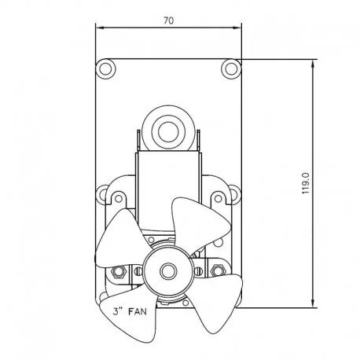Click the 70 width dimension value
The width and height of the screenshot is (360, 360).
(168, 20)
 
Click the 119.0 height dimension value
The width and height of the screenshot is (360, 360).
(306, 183)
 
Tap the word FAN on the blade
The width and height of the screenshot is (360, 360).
(138, 311)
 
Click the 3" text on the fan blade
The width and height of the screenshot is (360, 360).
(118, 311)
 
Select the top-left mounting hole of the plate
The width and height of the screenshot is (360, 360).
(106, 68)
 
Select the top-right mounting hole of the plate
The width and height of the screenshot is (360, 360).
(231, 68)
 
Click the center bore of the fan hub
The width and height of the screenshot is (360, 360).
(167, 271)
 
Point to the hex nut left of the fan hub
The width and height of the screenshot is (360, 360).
(119, 271)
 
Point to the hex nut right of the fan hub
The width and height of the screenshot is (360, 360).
(217, 270)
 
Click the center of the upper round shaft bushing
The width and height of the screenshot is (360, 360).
(168, 131)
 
